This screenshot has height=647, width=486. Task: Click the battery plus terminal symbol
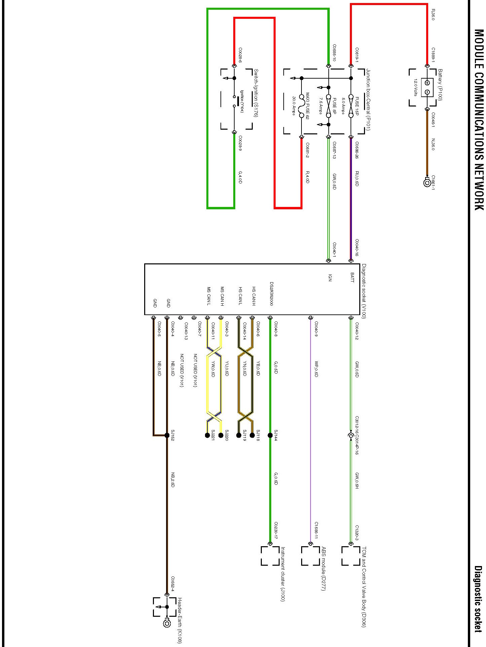tap(427, 83)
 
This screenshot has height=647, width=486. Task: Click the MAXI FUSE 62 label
tap(307, 106)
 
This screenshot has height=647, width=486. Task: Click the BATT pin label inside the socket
tap(352, 277)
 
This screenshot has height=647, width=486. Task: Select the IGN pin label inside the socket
tap(330, 277)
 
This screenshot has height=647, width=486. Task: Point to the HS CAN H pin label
tap(254, 296)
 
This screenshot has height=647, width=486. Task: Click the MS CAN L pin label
tap(209, 296)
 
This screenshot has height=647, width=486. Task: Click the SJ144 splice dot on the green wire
tap(270, 435)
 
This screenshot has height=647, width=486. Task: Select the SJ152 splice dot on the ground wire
tap(167, 435)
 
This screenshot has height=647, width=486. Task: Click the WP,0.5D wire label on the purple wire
tap(316, 369)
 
